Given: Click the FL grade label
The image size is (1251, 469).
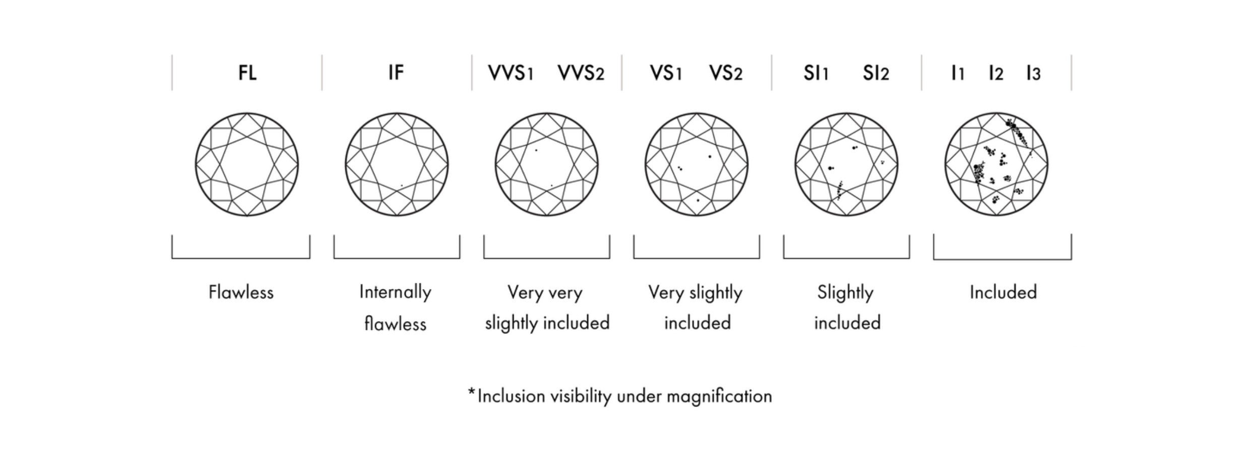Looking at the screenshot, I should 247,73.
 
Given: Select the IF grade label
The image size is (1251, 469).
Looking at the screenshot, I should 396,73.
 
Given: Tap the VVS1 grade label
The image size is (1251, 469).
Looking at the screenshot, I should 510,74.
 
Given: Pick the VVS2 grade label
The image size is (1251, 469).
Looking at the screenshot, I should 581,74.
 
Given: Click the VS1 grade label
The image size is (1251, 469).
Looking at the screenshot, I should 666,74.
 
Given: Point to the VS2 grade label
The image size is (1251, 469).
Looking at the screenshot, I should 726,74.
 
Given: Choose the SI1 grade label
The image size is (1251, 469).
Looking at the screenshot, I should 816,74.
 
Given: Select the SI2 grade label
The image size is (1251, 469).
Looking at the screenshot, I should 875,74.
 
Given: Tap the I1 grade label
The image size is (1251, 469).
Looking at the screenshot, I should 958,74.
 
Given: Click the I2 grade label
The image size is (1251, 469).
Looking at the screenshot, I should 995,74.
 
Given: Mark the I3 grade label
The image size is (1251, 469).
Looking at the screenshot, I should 1033,74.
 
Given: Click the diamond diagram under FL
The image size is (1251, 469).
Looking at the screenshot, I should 247,164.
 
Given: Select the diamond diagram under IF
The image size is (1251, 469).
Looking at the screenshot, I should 397,164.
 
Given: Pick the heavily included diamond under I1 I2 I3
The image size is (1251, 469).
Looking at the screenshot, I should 996,164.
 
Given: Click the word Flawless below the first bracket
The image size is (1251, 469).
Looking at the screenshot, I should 241,292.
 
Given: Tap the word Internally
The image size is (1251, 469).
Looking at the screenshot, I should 395,292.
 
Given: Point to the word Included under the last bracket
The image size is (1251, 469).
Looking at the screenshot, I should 1003,292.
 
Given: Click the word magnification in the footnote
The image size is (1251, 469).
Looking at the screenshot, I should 719,396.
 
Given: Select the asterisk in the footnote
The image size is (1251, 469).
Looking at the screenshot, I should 471,391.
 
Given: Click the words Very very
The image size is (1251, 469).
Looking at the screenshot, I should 545,292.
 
